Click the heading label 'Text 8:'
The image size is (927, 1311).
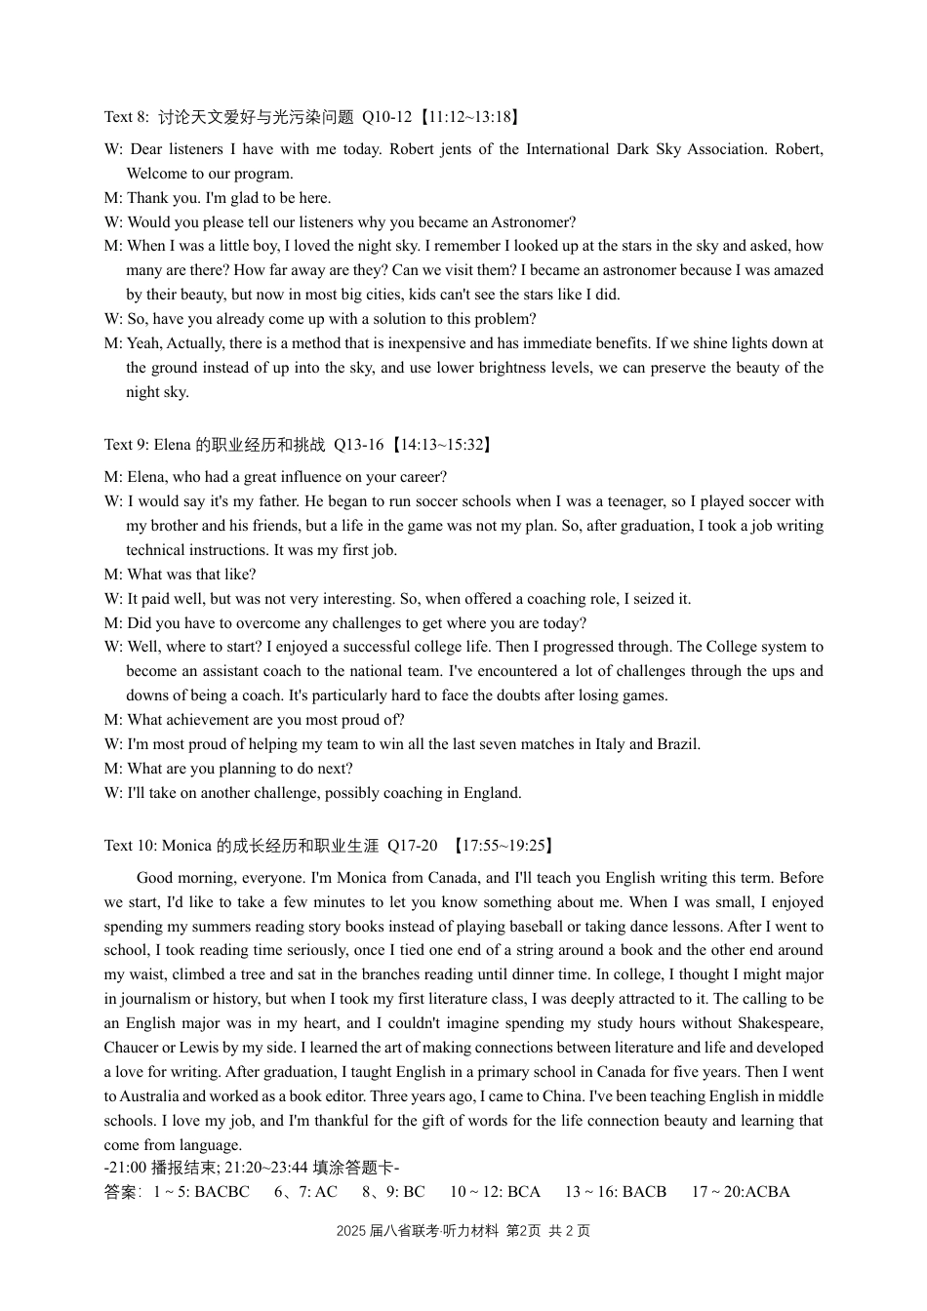[127, 117]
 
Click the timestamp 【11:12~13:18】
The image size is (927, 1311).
[469, 117]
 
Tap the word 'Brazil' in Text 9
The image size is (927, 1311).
[676, 744]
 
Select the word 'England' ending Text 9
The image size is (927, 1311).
[493, 793]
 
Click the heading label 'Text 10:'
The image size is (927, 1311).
[131, 846]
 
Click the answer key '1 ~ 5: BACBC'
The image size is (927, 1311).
[201, 1192]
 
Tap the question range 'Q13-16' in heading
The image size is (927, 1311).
[358, 445]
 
